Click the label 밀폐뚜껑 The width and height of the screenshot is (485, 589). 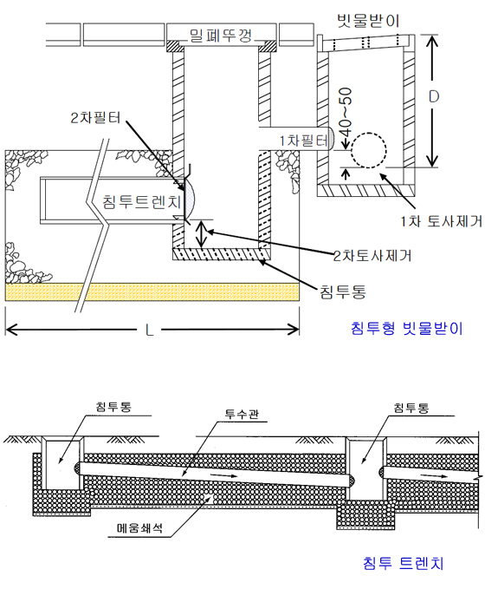coord(221,36)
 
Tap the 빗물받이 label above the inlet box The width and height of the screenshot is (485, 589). coord(368,21)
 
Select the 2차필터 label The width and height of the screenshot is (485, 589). coord(95,118)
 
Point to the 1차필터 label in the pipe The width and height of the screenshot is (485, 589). coord(304,141)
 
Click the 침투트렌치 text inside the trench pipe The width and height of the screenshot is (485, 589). coord(142,201)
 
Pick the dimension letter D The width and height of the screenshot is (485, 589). coord(434,97)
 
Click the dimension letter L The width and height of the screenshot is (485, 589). coord(149,330)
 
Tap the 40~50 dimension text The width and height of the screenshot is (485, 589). coord(345,112)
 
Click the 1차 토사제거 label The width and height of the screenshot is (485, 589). coord(441,221)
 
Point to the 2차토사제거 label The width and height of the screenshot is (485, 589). coord(372,255)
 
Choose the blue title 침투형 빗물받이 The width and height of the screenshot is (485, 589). coord(407,328)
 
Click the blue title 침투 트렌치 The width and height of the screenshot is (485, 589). coord(404,563)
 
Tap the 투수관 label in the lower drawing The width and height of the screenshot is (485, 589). coord(242,414)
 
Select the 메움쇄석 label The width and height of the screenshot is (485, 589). coord(139,527)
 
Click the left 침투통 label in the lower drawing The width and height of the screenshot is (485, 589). coord(113,407)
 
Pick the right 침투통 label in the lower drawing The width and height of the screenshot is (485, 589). coord(411,408)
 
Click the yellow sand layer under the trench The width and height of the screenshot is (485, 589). coord(152,292)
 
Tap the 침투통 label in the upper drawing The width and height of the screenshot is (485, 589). coord(342,291)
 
